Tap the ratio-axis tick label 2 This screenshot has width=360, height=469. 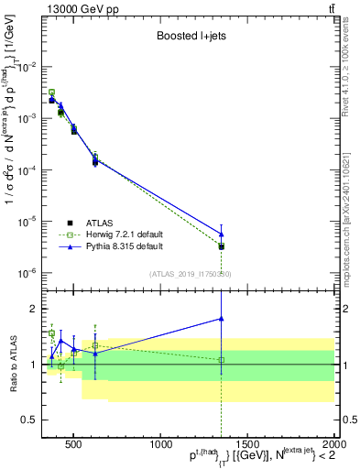34,309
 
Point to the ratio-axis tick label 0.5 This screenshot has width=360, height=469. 30,420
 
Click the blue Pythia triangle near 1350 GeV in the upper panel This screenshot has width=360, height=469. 221,234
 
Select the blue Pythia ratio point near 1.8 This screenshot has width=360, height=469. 221,319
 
